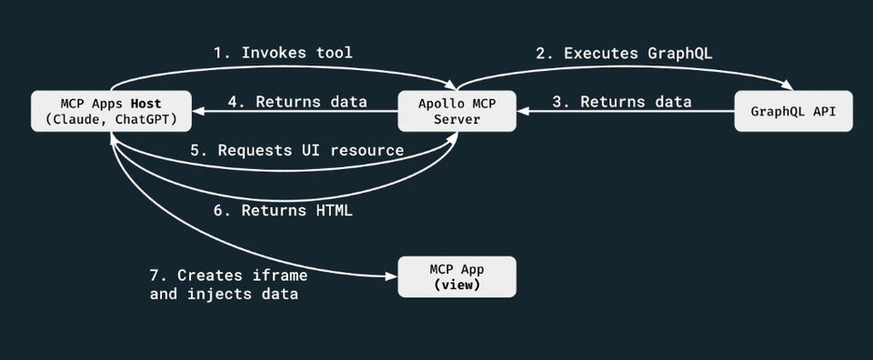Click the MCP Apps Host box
[x=111, y=110]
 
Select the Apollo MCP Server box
[x=457, y=110]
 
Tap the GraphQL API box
[x=793, y=111]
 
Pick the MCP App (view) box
[x=457, y=275]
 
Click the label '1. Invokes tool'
[x=283, y=54]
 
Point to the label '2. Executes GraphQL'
[x=624, y=54]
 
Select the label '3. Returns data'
[x=622, y=102]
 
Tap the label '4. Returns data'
[x=297, y=102]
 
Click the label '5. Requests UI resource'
[x=297, y=150]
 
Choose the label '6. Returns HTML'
[x=283, y=210]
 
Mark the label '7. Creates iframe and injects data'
[x=228, y=284]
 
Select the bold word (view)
[x=457, y=284]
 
